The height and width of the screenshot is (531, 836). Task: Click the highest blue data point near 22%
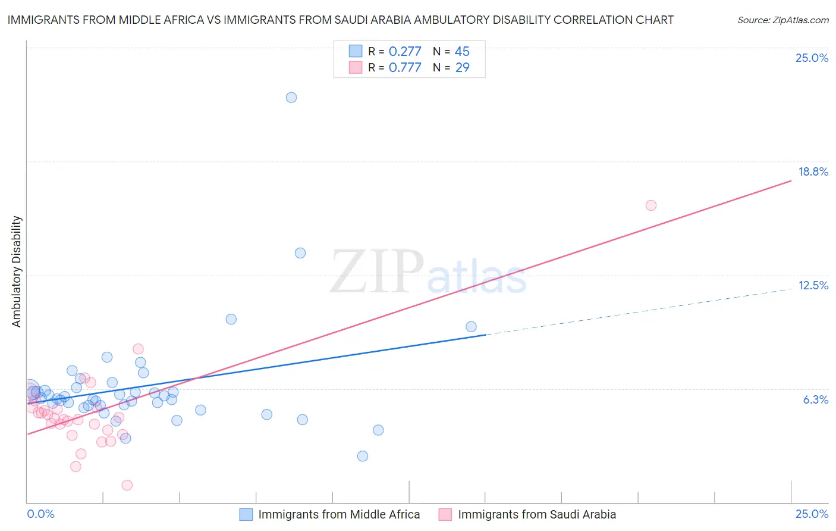coord(291,98)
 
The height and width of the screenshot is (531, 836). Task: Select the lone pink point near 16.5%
coord(651,205)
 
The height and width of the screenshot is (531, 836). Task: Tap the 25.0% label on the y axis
coord(812,58)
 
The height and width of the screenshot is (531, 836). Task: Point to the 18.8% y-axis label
coord(813,171)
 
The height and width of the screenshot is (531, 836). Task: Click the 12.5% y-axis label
coord(813,285)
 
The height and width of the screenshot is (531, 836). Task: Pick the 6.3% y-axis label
coord(815,399)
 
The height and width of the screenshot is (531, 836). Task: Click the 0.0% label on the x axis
coord(41,514)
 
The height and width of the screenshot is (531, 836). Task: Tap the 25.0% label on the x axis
coord(812,514)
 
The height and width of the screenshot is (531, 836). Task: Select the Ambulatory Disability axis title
coord(17,271)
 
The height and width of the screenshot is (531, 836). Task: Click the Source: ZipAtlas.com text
coord(782,20)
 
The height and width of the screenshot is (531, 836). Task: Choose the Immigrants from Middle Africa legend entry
coord(339,514)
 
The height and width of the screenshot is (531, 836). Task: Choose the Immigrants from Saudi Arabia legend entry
coord(537,514)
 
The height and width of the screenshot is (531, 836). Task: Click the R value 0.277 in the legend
coord(405,52)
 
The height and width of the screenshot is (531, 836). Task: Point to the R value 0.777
coord(405,68)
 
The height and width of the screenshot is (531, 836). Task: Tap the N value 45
coord(462,52)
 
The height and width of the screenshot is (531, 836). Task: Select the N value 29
coord(462,68)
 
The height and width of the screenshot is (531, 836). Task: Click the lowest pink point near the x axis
coord(127,485)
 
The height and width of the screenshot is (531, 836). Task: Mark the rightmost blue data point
coord(472,326)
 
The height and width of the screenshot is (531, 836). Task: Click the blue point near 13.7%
coord(300,253)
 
